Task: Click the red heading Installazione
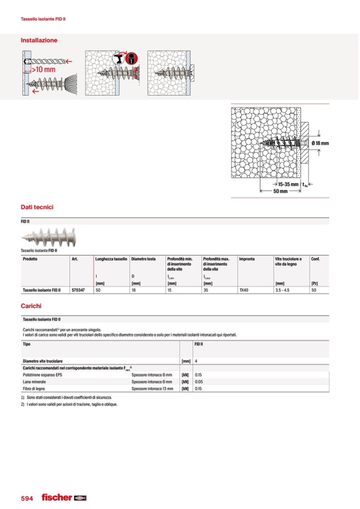39,40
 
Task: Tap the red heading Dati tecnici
37,207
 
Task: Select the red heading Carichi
31,306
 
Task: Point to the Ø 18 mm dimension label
320,143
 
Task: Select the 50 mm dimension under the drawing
280,191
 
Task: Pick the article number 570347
79,290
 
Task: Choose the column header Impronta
247,259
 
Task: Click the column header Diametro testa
143,259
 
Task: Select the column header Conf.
315,259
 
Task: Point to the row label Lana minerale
35,382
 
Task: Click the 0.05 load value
199,382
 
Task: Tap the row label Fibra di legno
35,389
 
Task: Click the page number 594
27,498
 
